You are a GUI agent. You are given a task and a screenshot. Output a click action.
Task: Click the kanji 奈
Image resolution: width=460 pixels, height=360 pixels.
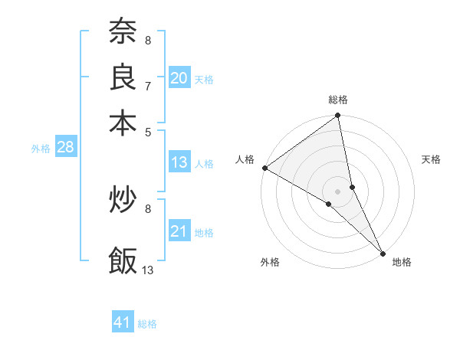coord(123,33)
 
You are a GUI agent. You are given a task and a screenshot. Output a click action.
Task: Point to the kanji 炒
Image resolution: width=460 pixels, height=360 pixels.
coord(123,201)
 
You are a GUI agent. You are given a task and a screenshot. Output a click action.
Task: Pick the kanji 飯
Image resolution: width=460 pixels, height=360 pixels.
coord(123,260)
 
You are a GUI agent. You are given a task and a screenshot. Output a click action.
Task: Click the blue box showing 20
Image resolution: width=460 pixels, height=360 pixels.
coord(179,78)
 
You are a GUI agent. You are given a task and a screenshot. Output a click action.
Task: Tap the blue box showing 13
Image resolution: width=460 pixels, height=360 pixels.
coord(179,162)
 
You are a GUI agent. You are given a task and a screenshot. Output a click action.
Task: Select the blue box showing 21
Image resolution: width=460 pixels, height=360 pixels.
coord(179,231)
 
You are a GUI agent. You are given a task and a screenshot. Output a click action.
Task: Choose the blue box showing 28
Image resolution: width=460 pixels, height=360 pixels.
coord(65,148)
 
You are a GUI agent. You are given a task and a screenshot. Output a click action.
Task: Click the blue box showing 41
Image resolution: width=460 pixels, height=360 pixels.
coord(123,322)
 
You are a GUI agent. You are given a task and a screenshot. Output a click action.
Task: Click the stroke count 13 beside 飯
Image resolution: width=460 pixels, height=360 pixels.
coord(148,270)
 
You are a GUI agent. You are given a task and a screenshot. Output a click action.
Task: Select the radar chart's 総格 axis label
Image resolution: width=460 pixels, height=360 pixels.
coord(338,100)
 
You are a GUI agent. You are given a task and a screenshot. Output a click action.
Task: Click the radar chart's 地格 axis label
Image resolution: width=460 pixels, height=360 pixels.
coord(402,262)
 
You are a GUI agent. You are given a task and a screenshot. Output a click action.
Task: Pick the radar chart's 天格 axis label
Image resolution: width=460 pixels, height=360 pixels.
coord(432,159)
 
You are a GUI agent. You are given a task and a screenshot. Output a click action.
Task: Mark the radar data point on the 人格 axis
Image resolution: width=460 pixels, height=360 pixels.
coord(264,168)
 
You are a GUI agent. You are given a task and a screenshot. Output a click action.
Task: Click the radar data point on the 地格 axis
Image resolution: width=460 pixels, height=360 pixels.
coord(383,252)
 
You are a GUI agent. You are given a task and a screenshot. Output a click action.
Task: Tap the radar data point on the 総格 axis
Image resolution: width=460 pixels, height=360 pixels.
coord(338,116)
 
